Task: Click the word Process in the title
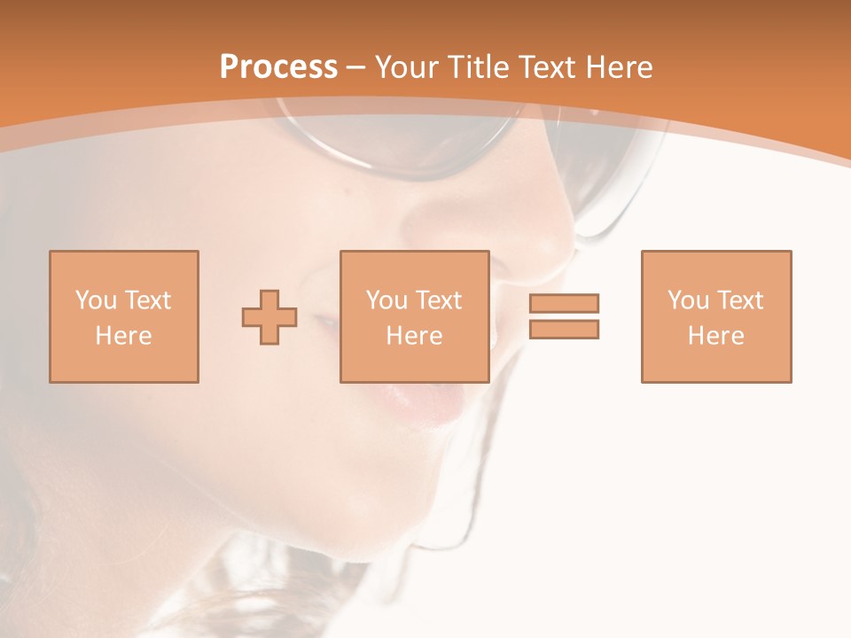click(x=278, y=67)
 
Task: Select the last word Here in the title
click(x=617, y=67)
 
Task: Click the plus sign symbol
click(x=269, y=317)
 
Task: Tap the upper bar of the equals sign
click(x=564, y=303)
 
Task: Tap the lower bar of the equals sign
click(x=564, y=329)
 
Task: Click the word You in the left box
click(x=95, y=300)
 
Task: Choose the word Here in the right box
click(x=716, y=336)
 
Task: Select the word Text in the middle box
click(x=438, y=300)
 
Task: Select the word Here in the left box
click(x=124, y=336)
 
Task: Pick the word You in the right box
click(x=688, y=300)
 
